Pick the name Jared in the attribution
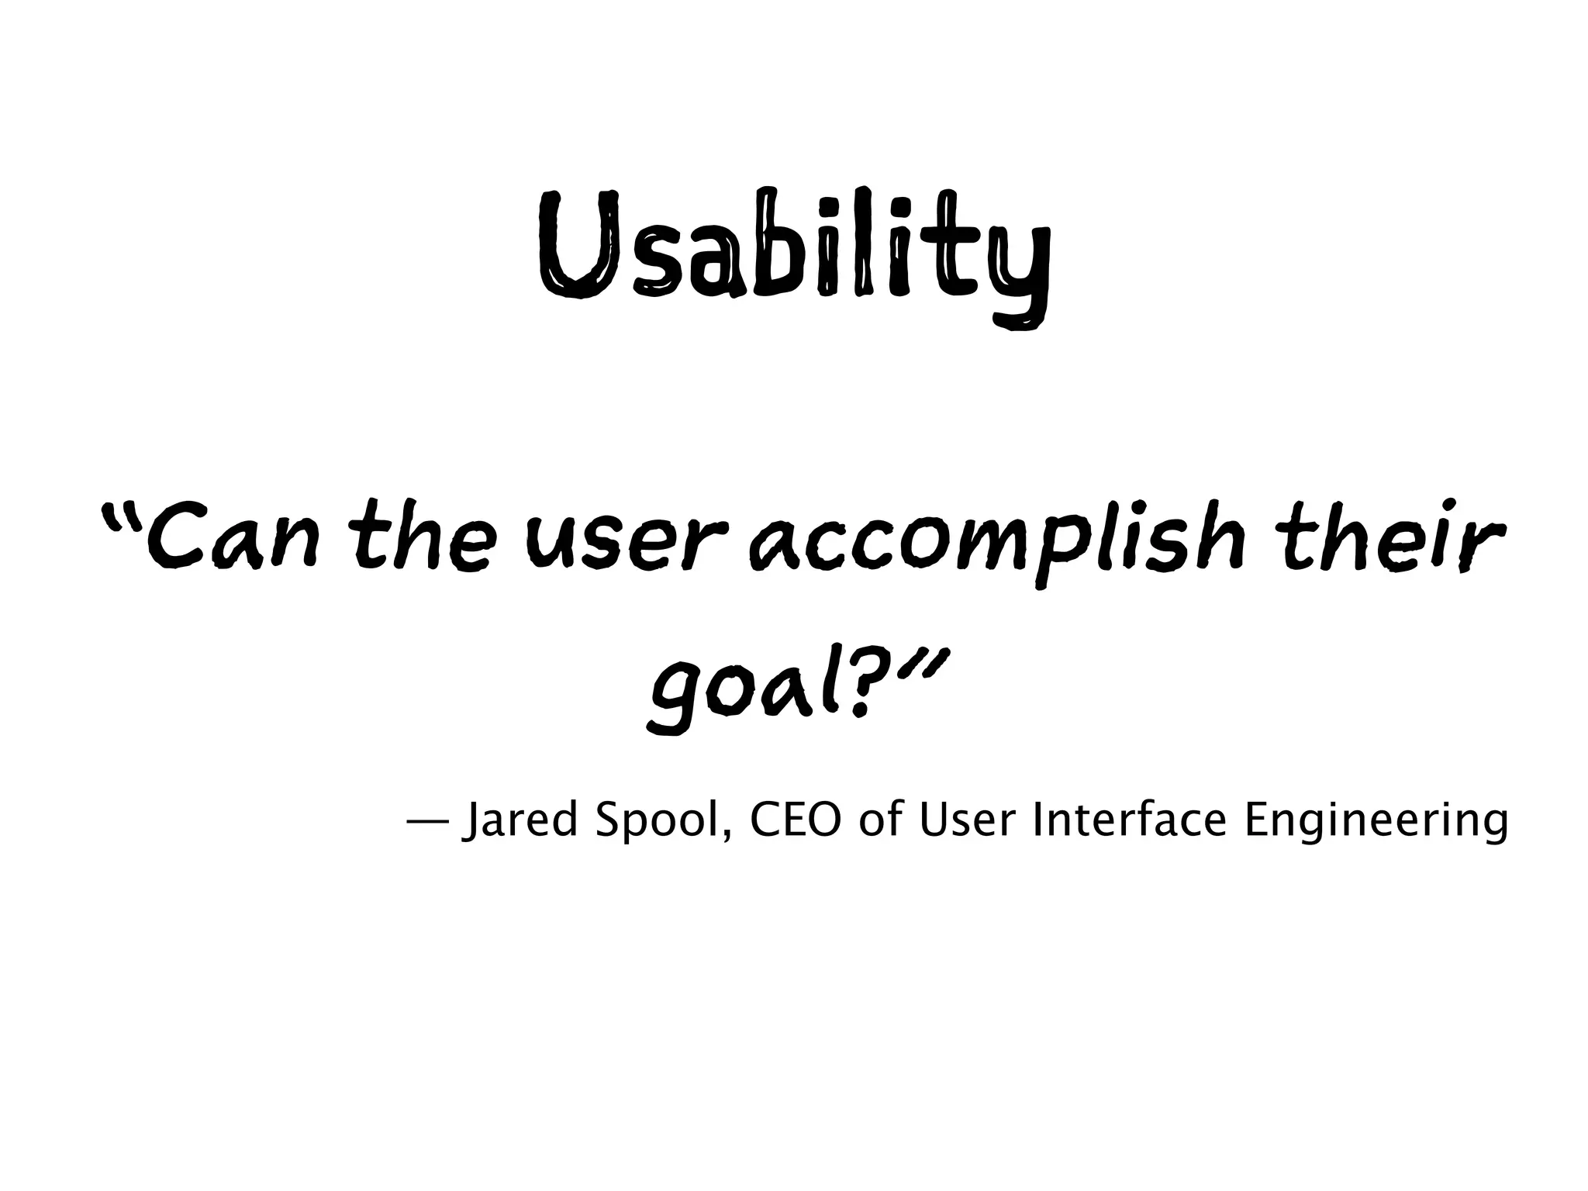(520, 823)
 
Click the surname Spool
(659, 823)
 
